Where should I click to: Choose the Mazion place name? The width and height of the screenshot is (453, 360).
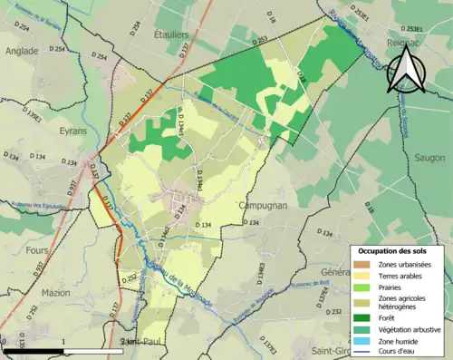(x=55, y=293)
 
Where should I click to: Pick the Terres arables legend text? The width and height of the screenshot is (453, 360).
(x=402, y=275)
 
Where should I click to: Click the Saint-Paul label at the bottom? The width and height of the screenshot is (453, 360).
(x=139, y=341)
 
